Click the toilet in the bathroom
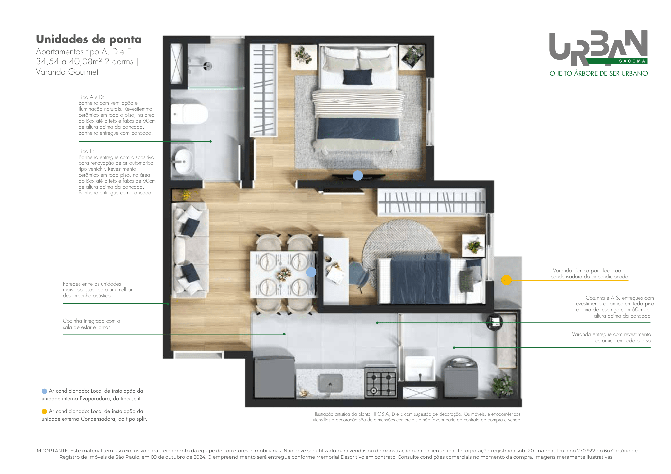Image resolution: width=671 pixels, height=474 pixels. tap(189, 114)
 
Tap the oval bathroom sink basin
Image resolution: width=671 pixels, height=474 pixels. tap(184, 162)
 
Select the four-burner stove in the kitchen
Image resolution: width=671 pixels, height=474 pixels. tap(381, 383)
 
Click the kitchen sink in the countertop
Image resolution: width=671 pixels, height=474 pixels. tap(330, 383)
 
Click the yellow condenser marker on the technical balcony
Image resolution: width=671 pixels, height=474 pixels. tap(506, 280)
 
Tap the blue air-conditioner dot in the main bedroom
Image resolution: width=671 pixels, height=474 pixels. tap(358, 175)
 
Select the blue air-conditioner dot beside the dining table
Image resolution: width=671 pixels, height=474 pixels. tap(311, 272)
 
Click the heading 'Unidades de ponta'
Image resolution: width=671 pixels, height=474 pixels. tap(89, 39)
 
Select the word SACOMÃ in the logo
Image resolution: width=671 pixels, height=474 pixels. tap(632, 61)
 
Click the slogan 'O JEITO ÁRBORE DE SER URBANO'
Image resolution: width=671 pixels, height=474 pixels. tap(599, 73)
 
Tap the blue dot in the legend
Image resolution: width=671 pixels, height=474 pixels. tap(44, 391)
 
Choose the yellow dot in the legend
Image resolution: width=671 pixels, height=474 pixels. tap(44, 411)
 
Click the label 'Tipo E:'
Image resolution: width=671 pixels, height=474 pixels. tap(86, 151)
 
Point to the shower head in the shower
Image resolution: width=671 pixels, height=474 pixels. tap(208, 66)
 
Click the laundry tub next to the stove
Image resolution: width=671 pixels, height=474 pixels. tap(420, 368)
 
